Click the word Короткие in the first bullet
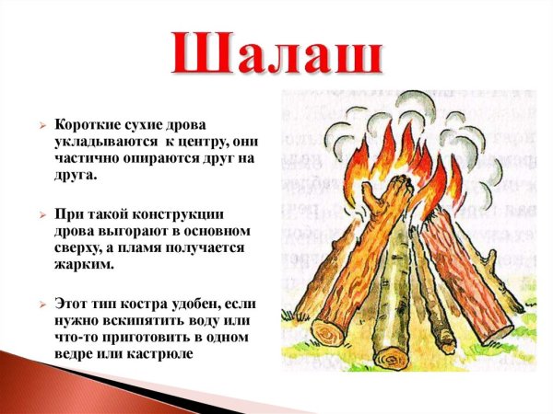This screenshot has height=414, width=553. coord(88,126)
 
